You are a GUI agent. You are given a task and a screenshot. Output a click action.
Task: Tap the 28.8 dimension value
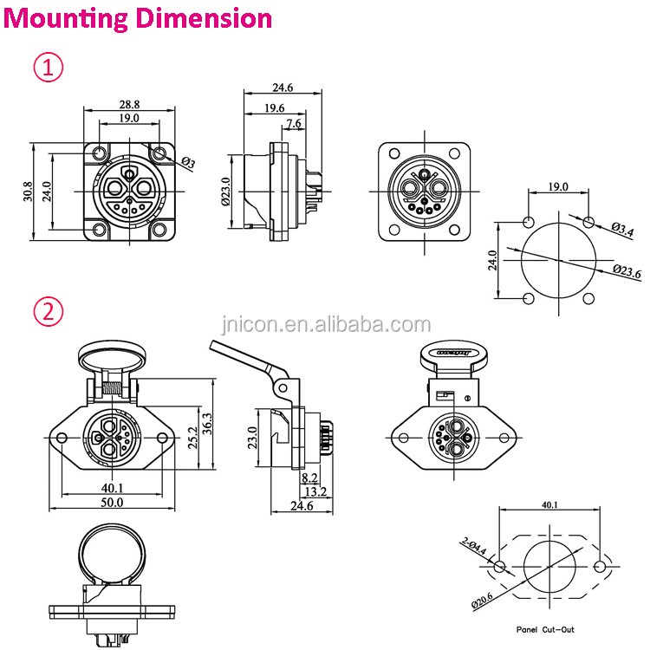click(x=129, y=103)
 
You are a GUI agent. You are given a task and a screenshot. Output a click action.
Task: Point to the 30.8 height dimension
click(x=29, y=191)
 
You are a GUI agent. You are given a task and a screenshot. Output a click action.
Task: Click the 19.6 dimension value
click(x=275, y=108)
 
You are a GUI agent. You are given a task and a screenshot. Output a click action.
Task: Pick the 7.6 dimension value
click(x=294, y=124)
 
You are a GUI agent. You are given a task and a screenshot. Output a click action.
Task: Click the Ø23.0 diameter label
click(x=227, y=191)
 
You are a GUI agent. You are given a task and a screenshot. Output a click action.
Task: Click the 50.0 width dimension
click(x=113, y=501)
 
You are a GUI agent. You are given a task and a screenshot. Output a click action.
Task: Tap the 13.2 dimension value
click(x=315, y=492)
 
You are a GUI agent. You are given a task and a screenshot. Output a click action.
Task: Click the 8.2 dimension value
click(x=308, y=478)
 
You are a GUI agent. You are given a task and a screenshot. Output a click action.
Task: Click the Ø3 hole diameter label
click(x=189, y=163)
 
